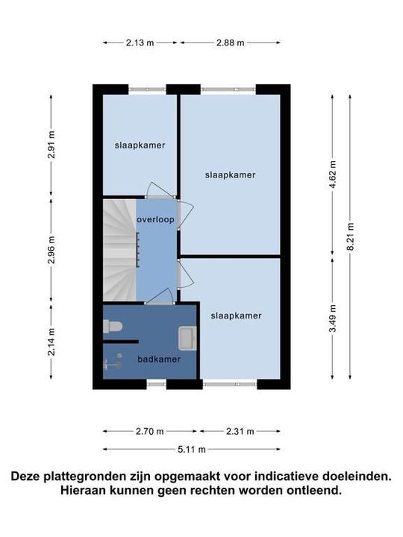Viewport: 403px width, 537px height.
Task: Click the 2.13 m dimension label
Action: point(140,43)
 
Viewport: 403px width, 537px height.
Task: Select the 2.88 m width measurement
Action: point(230,43)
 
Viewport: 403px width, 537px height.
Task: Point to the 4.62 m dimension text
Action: point(334,175)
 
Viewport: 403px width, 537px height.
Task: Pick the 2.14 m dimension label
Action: point(51,342)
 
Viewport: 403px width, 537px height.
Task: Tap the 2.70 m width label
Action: point(150,431)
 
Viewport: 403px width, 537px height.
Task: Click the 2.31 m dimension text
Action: point(239,431)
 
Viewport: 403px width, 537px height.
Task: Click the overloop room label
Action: point(155,220)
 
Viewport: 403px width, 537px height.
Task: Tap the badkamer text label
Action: point(159,359)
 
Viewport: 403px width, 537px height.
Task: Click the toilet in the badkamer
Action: point(113,325)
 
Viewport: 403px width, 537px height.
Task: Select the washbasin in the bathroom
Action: point(187,339)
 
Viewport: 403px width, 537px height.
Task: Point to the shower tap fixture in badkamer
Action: point(110,365)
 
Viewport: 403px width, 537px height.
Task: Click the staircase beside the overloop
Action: point(119,250)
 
